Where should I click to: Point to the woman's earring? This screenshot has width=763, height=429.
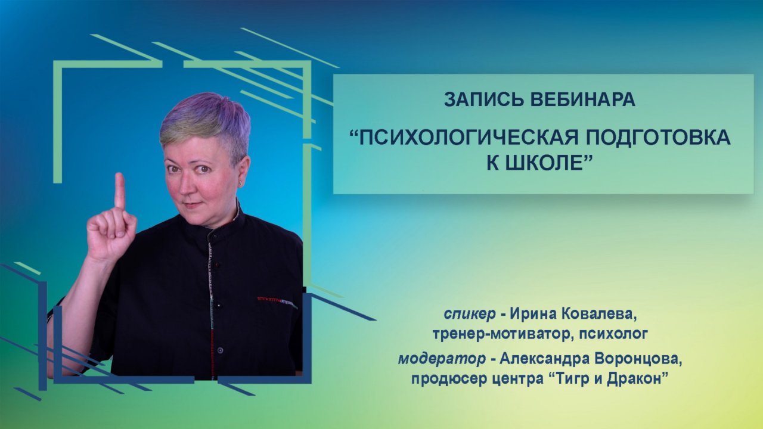pyautogui.click(x=241, y=184)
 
